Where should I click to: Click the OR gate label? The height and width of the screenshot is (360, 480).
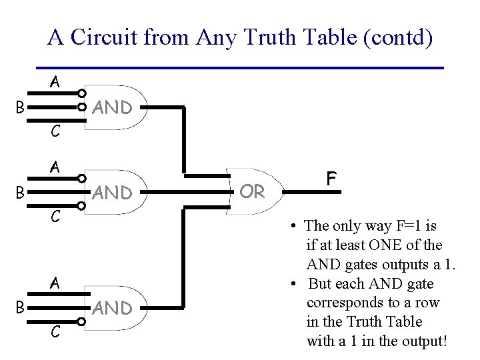(x=253, y=192)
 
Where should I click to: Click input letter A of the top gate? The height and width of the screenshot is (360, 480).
(x=55, y=82)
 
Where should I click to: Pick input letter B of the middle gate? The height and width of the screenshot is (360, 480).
(x=21, y=193)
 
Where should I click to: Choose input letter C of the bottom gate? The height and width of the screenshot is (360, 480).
(x=57, y=331)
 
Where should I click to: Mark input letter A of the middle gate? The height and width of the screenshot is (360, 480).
(x=55, y=168)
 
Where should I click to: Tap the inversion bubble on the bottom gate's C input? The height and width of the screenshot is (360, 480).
(x=81, y=322)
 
